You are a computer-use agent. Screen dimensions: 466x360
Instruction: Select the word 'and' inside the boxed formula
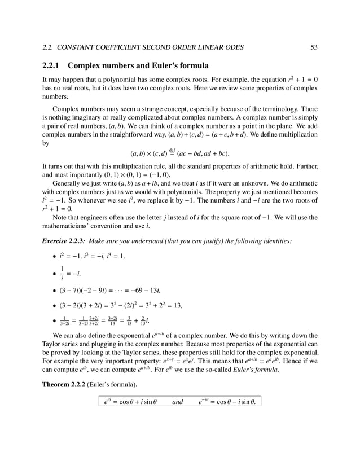click(x=177, y=402)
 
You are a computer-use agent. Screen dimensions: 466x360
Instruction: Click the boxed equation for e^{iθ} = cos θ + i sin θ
click(x=130, y=402)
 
